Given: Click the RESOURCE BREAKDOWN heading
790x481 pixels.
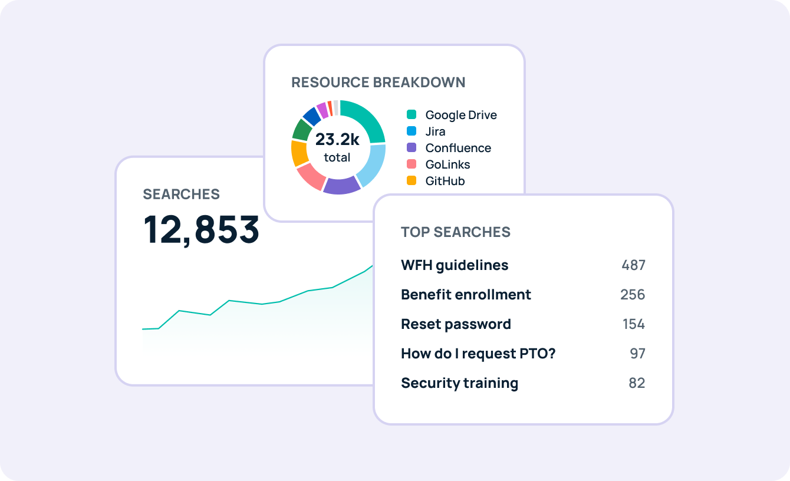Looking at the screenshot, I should [378, 83].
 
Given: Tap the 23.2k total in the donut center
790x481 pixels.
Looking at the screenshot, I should [337, 147].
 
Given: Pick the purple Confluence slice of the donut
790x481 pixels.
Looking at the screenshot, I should [342, 185].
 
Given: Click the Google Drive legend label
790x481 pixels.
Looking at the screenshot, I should [461, 115].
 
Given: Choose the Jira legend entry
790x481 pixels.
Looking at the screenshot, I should [435, 131].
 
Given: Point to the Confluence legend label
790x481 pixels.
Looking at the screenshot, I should [458, 148].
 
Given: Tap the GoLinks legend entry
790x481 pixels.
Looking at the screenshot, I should [447, 164].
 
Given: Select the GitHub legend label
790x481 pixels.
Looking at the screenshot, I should [445, 181].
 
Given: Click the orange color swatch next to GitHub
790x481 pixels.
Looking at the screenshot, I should [412, 181].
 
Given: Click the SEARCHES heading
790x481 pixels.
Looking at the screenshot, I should [182, 195].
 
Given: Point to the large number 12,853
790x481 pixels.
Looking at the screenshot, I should [202, 229].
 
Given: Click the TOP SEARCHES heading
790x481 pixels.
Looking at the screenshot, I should [456, 232].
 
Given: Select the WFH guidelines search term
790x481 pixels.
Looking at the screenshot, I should [455, 265].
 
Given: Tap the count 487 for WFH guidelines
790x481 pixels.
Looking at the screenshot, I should [633, 265].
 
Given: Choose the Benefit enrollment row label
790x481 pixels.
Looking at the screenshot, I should [466, 295].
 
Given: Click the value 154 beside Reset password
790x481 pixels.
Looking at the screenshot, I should [634, 324].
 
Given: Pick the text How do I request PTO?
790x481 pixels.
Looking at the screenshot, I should [478, 354].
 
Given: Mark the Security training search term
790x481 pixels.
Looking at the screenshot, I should [459, 383].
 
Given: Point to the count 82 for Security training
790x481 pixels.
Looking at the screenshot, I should [637, 383].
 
